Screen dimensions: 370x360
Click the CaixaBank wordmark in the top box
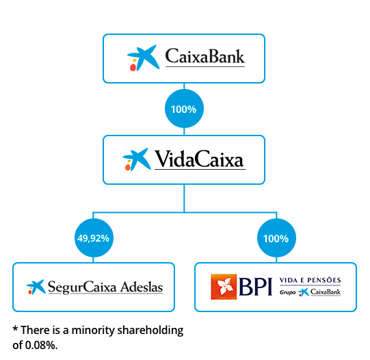tap(204, 56)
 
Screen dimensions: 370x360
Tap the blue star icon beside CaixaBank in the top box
tap(144, 58)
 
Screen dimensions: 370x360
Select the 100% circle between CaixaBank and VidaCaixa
tap(184, 109)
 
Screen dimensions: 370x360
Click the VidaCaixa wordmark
tap(199, 159)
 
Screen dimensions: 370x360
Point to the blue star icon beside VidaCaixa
tap(137, 159)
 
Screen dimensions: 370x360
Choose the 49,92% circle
tap(94, 237)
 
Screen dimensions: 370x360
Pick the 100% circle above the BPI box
tap(276, 238)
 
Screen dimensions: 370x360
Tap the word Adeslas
tap(142, 287)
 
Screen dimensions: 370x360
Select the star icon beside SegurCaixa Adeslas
tap(36, 287)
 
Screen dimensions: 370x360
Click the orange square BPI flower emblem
tap(224, 287)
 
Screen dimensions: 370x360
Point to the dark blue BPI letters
tap(255, 287)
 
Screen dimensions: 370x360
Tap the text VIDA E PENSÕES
tap(310, 280)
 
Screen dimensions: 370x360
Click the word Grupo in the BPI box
tap(287, 292)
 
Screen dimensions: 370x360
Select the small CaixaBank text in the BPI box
tap(326, 292)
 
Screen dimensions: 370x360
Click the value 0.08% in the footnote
tap(41, 346)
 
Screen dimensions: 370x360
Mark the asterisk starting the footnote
tap(15, 329)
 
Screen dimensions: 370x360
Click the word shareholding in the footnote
tap(150, 331)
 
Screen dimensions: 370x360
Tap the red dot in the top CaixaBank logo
tap(133, 68)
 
